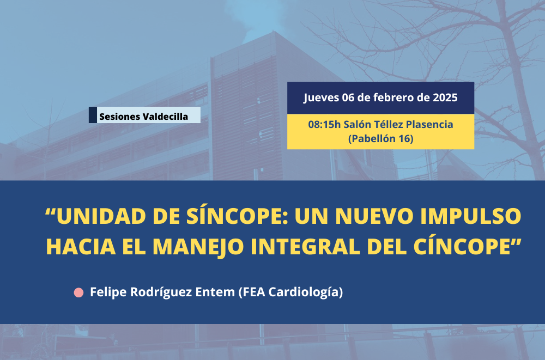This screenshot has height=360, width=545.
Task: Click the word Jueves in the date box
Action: [322, 97]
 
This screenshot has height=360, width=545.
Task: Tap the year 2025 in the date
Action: [445, 97]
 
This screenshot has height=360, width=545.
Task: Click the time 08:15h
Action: [325, 124]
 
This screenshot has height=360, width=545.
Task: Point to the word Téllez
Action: [387, 124]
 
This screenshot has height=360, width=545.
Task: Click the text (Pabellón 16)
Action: [380, 139]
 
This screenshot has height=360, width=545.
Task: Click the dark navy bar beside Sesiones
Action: [93, 115]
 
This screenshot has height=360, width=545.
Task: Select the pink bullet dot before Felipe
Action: [79, 292]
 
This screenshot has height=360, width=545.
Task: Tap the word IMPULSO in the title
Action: [471, 216]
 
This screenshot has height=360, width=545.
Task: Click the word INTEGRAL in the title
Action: [305, 246]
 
